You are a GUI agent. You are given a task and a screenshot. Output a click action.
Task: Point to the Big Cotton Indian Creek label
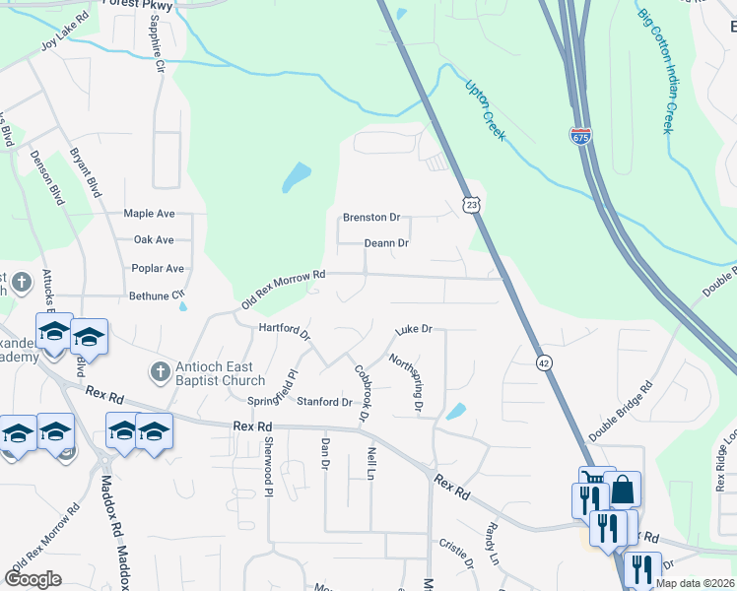point(656,72)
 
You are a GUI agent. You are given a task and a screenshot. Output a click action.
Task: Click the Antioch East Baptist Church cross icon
point(159,372)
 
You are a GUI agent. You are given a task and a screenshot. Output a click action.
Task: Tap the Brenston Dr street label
point(371,217)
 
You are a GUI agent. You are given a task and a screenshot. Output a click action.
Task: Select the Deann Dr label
point(386,243)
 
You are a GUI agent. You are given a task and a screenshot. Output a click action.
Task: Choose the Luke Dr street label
point(414,330)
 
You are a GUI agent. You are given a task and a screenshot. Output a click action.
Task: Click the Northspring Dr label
point(405,383)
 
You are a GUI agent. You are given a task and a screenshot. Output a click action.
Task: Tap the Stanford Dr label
point(324,402)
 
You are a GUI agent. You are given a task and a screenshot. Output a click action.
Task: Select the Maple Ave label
point(149,213)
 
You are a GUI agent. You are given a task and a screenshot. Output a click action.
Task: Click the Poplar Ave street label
point(159,268)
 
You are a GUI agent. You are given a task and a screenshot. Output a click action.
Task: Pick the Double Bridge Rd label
point(621,410)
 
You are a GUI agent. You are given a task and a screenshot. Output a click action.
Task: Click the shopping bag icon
point(624,490)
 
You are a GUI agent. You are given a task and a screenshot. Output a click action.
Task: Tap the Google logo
point(33,579)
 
